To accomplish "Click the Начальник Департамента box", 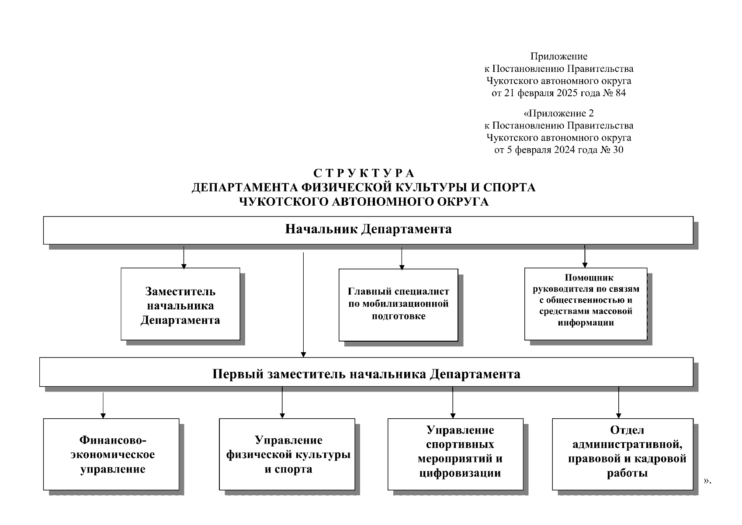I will tap(368, 230).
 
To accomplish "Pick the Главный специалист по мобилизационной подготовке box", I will tap(398, 304).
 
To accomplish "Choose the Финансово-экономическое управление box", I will tap(111, 454).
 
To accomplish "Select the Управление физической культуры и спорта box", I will tap(287, 454).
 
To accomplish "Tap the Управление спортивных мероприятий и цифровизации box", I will tap(455, 454).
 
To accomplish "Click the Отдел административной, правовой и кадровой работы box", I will tap(623, 454).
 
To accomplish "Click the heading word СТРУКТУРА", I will tap(364, 173).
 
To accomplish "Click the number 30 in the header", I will tap(617, 150).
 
